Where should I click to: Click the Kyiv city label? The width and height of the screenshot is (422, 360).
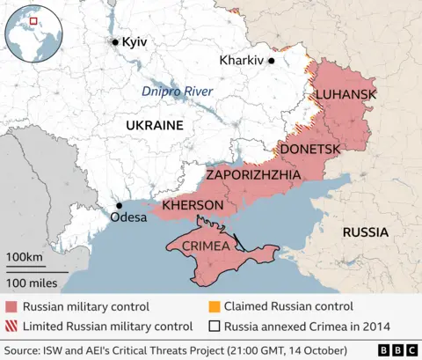click(135, 42)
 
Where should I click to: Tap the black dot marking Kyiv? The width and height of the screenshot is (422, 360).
click(114, 41)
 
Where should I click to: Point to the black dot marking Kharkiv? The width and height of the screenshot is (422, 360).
click(272, 61)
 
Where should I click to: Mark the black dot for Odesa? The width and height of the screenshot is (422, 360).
click(118, 206)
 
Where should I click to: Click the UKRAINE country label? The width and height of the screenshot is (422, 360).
click(154, 125)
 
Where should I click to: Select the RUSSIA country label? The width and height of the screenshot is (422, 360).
click(365, 232)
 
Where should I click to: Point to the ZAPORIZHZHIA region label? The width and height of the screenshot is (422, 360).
click(253, 175)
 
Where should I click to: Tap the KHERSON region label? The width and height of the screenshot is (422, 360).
click(193, 204)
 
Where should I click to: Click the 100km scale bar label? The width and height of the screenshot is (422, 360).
click(25, 256)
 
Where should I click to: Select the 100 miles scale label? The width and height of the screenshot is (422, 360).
click(32, 283)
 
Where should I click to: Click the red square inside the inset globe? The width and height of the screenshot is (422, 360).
click(34, 20)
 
